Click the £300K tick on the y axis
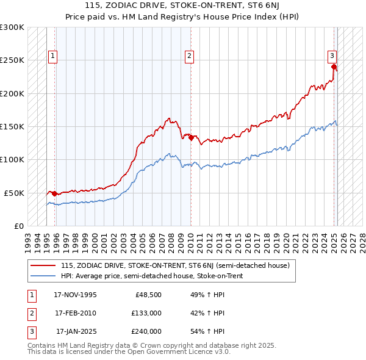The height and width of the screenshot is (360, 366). [12, 27]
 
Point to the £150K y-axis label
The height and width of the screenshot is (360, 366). [12, 126]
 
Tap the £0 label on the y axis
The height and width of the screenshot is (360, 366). [18, 226]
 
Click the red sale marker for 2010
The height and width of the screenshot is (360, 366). [192, 138]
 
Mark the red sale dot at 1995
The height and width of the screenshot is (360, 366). [55, 193]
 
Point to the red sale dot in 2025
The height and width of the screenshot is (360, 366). [334, 67]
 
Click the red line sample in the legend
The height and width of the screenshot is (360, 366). [43, 265]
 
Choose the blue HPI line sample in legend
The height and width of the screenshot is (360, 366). [43, 276]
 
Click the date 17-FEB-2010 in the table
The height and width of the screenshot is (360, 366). [76, 313]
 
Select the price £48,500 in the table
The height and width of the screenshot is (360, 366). [148, 295]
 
